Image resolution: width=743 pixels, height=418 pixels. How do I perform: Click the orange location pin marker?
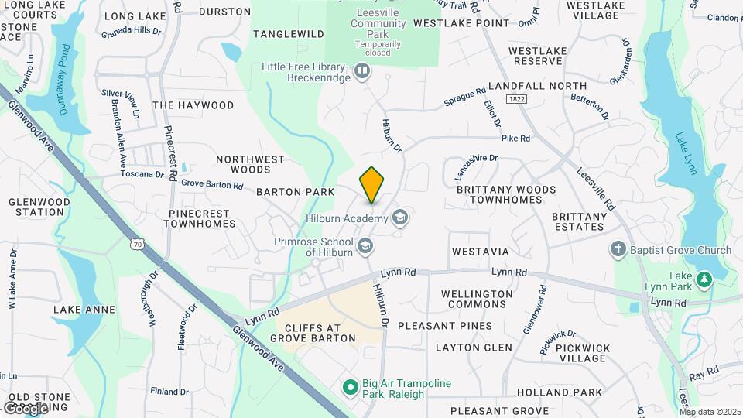pyautogui.click(x=372, y=185)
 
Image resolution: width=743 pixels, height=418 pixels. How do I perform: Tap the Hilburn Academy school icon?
pyautogui.click(x=400, y=218)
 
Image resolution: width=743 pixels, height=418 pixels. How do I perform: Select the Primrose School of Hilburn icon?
pyautogui.click(x=365, y=247)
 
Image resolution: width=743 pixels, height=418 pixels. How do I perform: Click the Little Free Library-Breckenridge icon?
pyautogui.click(x=361, y=72)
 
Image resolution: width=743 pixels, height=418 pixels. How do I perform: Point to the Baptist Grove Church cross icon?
pyautogui.click(x=618, y=249)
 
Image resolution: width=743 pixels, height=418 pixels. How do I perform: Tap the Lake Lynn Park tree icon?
pyautogui.click(x=704, y=279)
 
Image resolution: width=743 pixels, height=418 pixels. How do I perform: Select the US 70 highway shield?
pyautogui.click(x=137, y=245)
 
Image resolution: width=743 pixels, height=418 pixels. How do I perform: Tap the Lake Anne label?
pyautogui.click(x=84, y=310)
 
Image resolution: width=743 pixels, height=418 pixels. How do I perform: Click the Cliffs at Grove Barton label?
pyautogui.click(x=314, y=332)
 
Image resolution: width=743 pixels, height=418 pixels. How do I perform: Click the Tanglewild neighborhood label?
pyautogui.click(x=288, y=34)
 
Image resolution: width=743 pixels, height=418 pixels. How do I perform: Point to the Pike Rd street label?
pyautogui.click(x=515, y=139)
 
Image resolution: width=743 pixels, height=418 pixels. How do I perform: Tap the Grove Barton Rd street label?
pyautogui.click(x=212, y=185)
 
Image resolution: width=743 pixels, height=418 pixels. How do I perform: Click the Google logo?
pyautogui.click(x=26, y=408)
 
